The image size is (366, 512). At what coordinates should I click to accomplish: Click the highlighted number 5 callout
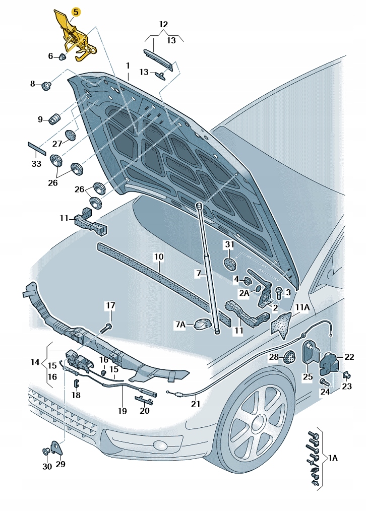click(76, 11)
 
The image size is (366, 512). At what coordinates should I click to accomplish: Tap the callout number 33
click(36, 164)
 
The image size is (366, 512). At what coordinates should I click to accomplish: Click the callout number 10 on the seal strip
click(159, 257)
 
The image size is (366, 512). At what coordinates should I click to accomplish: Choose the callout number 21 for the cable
click(196, 404)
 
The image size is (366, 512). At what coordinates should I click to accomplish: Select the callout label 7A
click(180, 325)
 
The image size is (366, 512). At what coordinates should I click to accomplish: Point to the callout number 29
click(60, 464)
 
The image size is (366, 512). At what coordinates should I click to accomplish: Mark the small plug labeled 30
click(47, 451)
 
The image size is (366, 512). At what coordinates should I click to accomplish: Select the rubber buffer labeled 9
click(54, 120)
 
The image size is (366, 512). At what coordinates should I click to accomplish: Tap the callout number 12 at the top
click(163, 24)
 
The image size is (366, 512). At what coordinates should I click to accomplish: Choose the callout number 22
click(349, 357)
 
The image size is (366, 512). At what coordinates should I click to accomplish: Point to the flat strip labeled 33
click(37, 147)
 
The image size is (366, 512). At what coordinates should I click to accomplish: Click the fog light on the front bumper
click(161, 445)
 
